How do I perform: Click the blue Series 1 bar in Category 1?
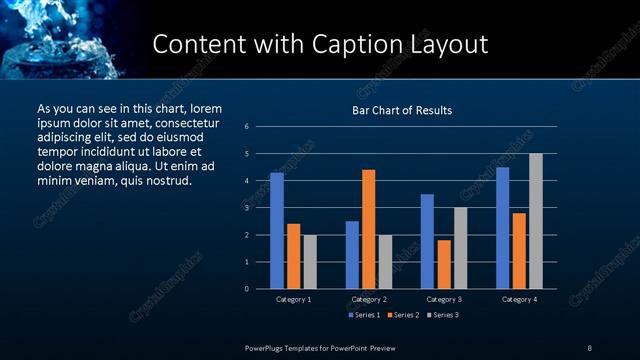(x=277, y=231)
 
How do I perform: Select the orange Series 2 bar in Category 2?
(x=368, y=229)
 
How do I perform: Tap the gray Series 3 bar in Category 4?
(x=535, y=221)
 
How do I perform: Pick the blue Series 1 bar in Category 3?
(x=427, y=241)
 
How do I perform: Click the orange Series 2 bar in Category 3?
(x=443, y=264)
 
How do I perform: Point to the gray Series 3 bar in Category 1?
(x=309, y=262)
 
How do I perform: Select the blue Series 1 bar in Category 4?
(x=502, y=228)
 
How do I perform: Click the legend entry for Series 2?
(x=403, y=316)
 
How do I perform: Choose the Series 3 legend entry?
(x=443, y=316)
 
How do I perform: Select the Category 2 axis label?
(x=369, y=299)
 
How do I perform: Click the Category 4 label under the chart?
(x=519, y=299)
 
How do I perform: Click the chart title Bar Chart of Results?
(x=402, y=110)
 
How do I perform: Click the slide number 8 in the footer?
(x=589, y=347)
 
